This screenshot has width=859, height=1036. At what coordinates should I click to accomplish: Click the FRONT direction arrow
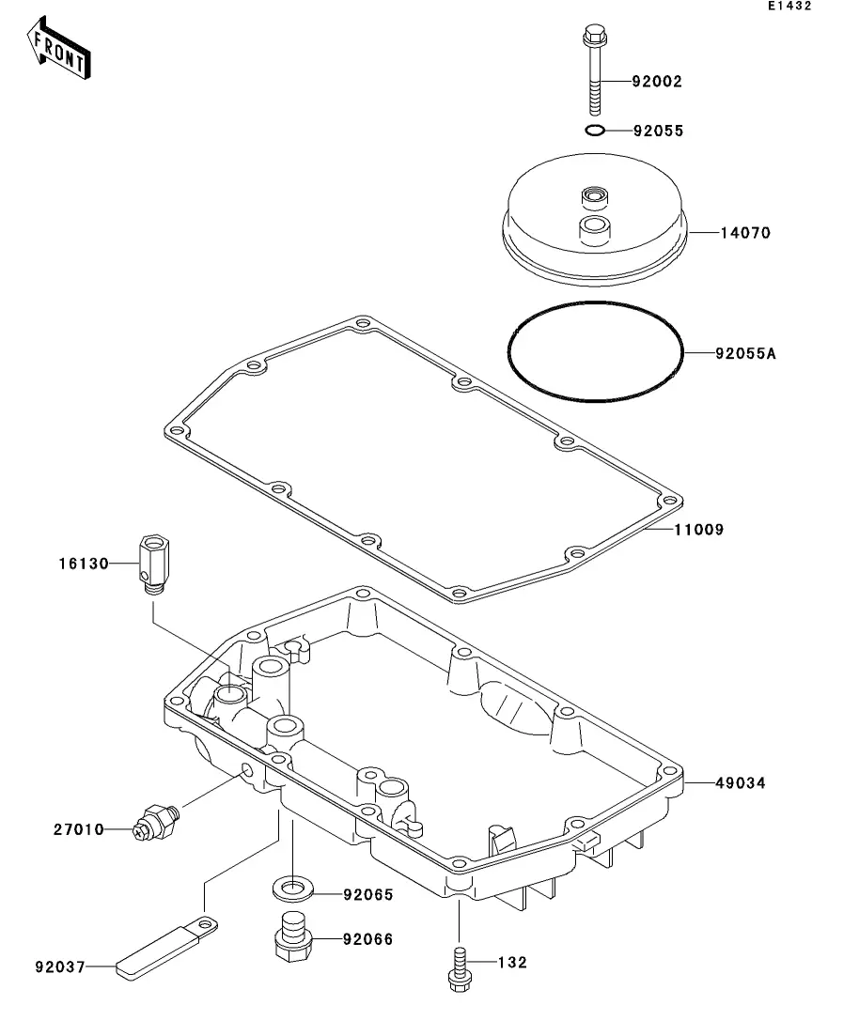coord(58,48)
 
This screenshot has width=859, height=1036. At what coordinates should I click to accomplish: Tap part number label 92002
coord(657,82)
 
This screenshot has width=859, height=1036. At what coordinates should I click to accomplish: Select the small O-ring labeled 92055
coord(595,131)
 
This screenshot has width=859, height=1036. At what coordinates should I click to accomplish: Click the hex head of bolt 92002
coord(595,35)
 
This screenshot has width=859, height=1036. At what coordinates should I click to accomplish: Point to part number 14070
coord(745,233)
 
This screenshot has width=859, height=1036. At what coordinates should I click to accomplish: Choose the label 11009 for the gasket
coord(699,529)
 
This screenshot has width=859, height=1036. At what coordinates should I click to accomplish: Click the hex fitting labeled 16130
coord(154,564)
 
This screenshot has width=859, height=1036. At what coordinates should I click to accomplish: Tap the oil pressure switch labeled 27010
coord(156,822)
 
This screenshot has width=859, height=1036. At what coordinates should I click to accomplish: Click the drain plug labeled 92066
coord(293,936)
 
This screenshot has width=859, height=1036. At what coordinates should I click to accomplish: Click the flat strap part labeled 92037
coord(166,946)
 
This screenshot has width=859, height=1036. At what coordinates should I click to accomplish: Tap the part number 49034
coord(741,783)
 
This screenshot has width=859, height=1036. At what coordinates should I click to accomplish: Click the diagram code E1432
coord(789,6)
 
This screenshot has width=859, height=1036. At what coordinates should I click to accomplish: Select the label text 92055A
coord(746,353)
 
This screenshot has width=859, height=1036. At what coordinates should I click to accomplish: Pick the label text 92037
coord(60,967)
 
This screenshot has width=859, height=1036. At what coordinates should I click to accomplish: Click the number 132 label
coord(512,962)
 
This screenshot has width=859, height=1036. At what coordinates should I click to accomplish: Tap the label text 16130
coord(84,564)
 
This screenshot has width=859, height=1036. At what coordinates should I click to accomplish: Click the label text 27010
coord(79,829)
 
